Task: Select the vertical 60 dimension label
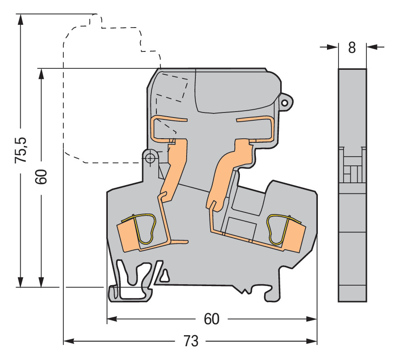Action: tap(41, 177)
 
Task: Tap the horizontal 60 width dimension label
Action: tap(211, 319)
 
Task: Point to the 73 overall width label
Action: tap(190, 341)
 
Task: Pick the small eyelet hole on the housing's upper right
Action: tap(285, 103)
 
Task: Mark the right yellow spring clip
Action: tap(276, 229)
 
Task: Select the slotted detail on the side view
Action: tap(352, 165)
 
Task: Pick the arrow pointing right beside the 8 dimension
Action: tap(331, 46)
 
